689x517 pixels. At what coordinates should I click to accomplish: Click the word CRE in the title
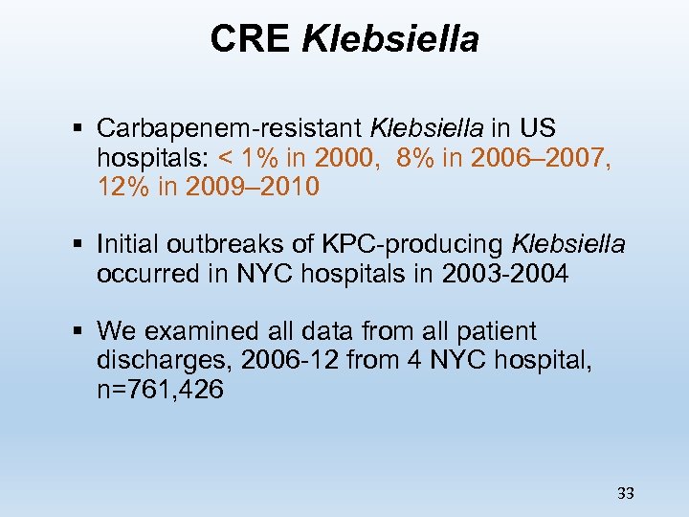[251, 39]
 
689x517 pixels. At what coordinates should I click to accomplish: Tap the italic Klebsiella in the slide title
[390, 39]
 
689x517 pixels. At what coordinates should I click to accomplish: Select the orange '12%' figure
[123, 186]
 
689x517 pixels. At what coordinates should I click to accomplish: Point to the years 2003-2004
[505, 274]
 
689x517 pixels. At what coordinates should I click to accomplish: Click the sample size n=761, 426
[160, 390]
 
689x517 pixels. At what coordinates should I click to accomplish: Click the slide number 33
[626, 493]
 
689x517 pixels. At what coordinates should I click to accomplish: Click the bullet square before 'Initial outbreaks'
[78, 244]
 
